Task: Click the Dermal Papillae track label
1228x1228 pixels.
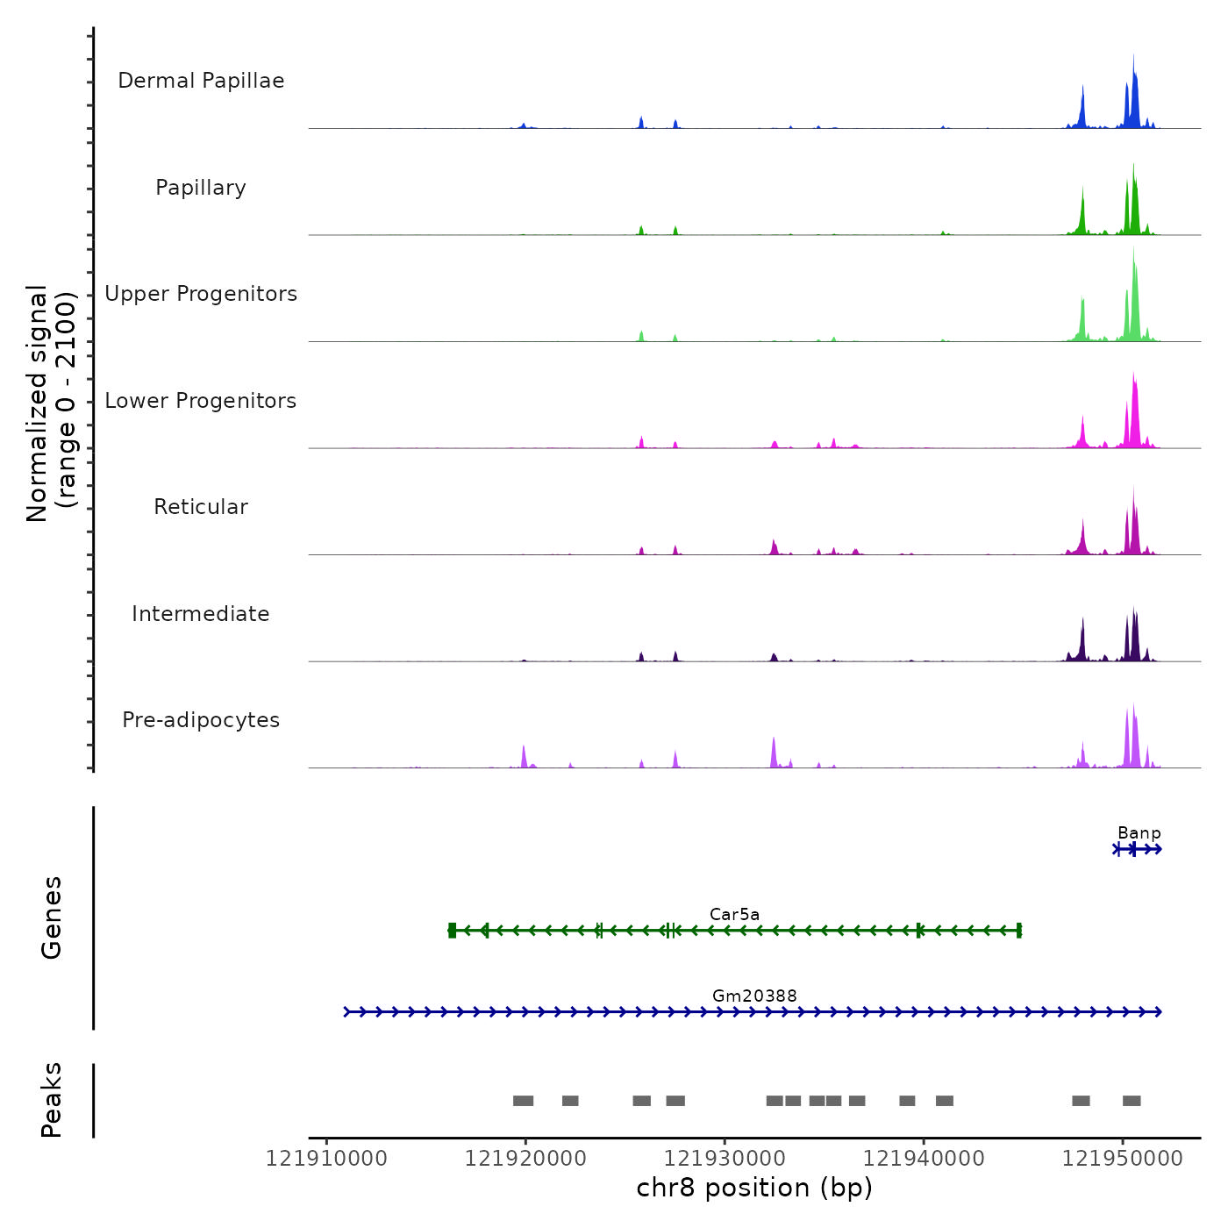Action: point(201,81)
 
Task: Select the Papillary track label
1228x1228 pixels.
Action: point(201,188)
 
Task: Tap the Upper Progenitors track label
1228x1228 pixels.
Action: point(201,294)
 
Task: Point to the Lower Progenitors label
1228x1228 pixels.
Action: point(201,401)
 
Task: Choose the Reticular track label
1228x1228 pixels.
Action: point(201,507)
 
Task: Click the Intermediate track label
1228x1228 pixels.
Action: point(201,614)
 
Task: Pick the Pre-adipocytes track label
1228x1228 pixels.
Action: point(201,720)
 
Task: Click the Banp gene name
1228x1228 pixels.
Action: point(1139,833)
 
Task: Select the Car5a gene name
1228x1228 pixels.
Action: point(734,915)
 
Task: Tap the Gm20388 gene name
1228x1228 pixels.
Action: point(754,996)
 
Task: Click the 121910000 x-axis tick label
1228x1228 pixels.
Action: point(326,1159)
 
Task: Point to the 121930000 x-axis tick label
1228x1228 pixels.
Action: point(725,1159)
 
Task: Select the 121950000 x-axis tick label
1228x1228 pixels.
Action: point(1122,1159)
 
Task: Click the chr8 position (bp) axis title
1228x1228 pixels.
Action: point(754,1189)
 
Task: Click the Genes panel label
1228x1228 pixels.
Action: point(52,917)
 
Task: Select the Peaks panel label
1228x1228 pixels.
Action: point(52,1100)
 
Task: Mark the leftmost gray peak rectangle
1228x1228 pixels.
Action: point(523,1101)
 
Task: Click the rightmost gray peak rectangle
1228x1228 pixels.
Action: point(1132,1101)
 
